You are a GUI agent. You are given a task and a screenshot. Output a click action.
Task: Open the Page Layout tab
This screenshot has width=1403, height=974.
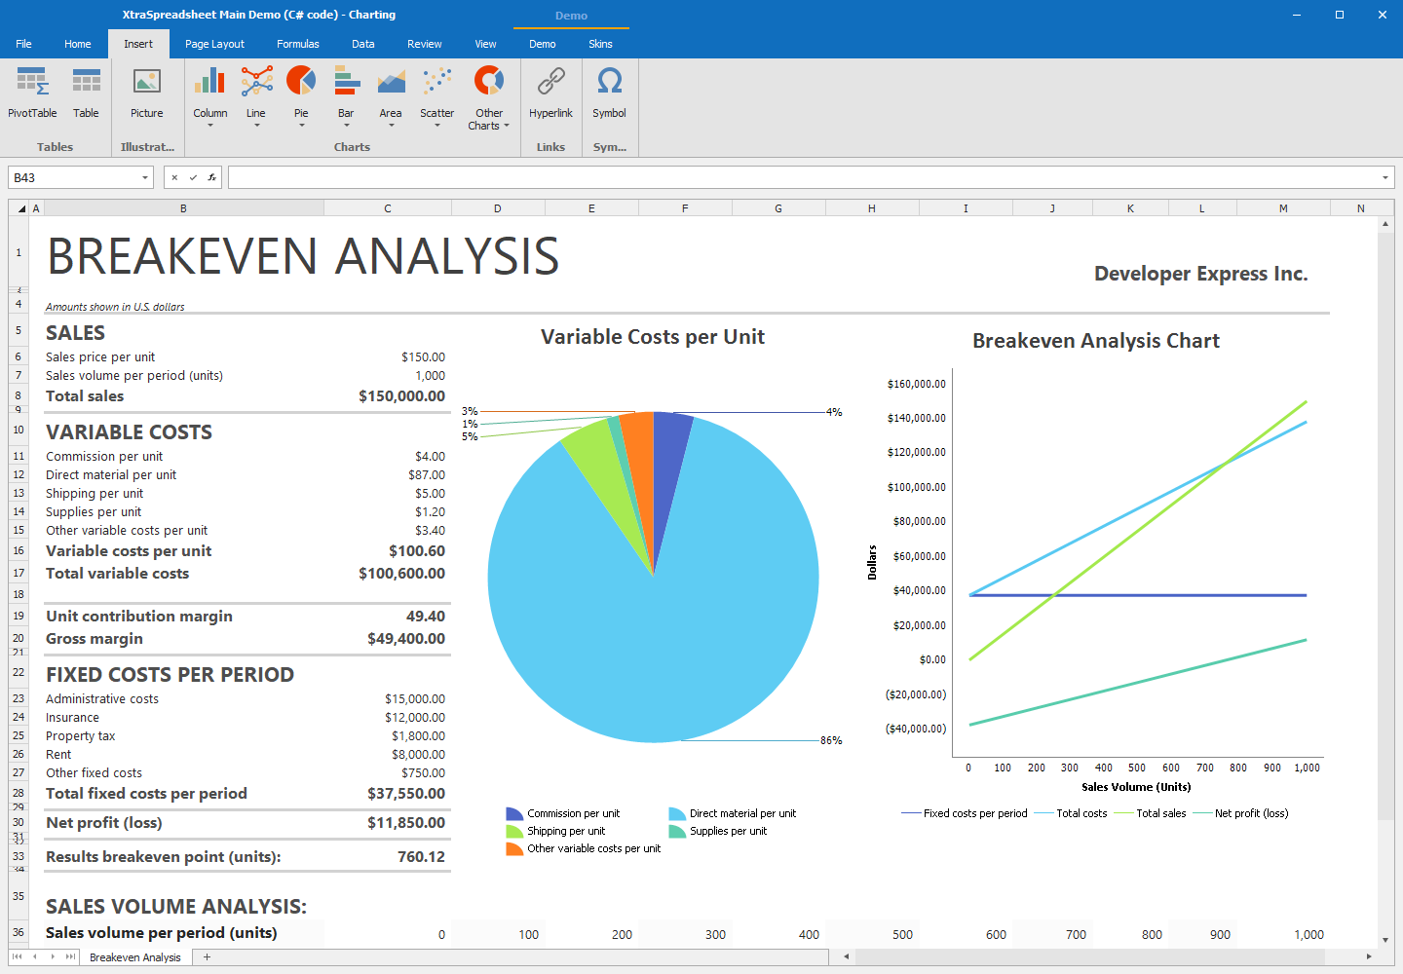click(x=214, y=44)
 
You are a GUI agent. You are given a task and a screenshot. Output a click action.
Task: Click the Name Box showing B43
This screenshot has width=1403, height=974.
click(x=73, y=177)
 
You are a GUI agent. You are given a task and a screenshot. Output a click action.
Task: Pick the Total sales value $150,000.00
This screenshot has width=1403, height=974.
click(x=401, y=396)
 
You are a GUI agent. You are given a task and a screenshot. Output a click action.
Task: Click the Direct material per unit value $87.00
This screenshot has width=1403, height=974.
click(x=427, y=475)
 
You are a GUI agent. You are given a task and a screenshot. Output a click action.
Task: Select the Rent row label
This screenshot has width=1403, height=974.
click(x=58, y=755)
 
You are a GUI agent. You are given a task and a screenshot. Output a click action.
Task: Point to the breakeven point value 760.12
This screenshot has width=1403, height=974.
click(x=421, y=857)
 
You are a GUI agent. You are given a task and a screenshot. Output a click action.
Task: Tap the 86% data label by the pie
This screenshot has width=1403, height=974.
click(x=831, y=741)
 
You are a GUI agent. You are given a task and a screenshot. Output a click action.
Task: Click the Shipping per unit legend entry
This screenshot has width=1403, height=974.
click(x=565, y=832)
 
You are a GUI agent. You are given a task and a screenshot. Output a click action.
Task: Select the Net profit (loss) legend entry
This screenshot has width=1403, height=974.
click(x=1251, y=813)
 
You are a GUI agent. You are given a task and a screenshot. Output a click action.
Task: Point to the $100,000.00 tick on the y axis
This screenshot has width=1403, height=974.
click(x=916, y=487)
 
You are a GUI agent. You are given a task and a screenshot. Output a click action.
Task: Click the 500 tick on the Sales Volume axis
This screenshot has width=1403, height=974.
click(x=1137, y=768)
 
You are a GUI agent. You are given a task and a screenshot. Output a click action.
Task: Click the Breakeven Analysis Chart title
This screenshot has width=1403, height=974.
click(x=1095, y=341)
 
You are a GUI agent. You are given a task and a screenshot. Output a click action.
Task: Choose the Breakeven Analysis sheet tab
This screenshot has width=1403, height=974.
click(x=135, y=957)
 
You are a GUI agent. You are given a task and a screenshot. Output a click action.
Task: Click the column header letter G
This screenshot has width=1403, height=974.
click(x=778, y=208)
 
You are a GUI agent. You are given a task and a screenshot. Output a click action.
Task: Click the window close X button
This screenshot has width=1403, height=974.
click(x=1382, y=15)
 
